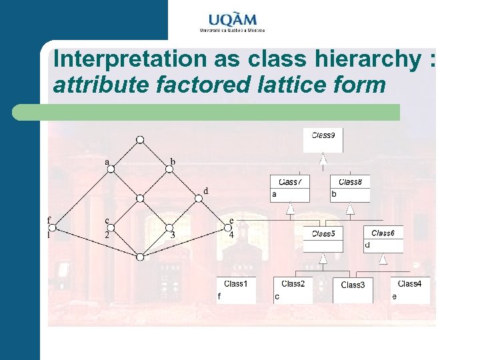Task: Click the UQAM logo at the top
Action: [x=232, y=22]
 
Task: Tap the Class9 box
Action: [x=323, y=139]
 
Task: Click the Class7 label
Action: [x=290, y=182]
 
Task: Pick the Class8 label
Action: [x=350, y=182]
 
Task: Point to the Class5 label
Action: [x=323, y=233]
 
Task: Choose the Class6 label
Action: [x=383, y=233]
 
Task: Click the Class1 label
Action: [x=236, y=284]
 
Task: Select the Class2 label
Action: [x=293, y=284]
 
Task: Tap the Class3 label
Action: [x=353, y=285]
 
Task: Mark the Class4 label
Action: [x=409, y=284]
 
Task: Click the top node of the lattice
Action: [x=140, y=139]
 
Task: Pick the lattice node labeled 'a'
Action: [x=111, y=169]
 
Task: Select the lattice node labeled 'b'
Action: [x=169, y=169]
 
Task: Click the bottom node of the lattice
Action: [x=140, y=257]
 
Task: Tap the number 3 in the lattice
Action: [x=173, y=235]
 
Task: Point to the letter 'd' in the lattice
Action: [x=206, y=191]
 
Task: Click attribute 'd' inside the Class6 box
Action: [x=367, y=245]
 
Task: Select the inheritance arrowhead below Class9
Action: [x=323, y=159]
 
